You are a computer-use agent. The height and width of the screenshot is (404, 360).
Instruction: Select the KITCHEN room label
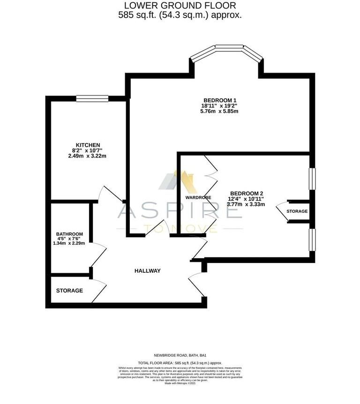pos(89,145)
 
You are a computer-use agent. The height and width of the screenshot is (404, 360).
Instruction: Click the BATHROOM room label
pos(69,234)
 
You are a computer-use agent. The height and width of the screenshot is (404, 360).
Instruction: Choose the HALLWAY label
pos(148,271)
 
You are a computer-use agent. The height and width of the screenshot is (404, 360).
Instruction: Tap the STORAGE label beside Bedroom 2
pos(297,211)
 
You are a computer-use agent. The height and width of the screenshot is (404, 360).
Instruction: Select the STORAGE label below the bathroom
pos(69,291)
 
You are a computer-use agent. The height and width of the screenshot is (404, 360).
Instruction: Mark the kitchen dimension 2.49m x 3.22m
pos(89,156)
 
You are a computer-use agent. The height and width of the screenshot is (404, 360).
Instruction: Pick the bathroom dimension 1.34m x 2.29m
pos(69,243)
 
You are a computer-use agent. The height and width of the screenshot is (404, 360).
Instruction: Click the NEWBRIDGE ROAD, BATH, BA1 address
pos(180,356)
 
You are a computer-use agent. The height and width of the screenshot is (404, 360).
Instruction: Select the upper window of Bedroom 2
pos(312,179)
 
